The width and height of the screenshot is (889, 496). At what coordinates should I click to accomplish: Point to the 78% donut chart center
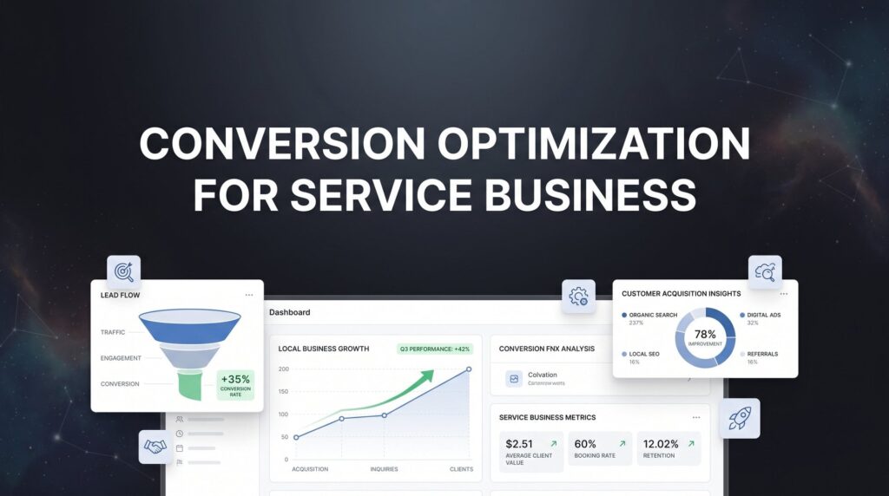click(705, 337)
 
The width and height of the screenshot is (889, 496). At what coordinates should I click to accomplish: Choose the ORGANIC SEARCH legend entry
click(652, 315)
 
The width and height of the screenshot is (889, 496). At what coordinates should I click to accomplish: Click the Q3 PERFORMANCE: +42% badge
click(433, 349)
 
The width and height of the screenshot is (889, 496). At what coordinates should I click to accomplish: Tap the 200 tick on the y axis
click(283, 369)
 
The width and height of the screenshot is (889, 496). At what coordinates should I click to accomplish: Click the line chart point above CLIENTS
click(469, 369)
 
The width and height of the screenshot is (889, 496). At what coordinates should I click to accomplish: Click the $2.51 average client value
click(519, 444)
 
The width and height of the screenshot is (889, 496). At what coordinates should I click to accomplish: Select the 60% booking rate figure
click(586, 444)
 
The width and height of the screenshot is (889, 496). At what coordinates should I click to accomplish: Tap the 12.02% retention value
click(662, 444)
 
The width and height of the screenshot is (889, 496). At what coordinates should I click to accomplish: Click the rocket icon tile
click(739, 418)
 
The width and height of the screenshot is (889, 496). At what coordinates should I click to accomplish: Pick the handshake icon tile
click(155, 447)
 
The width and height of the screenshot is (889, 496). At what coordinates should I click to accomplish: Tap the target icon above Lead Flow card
click(123, 271)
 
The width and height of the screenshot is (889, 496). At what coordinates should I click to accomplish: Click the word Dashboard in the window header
click(289, 312)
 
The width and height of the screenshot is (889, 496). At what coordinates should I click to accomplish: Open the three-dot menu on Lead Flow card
click(249, 295)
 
